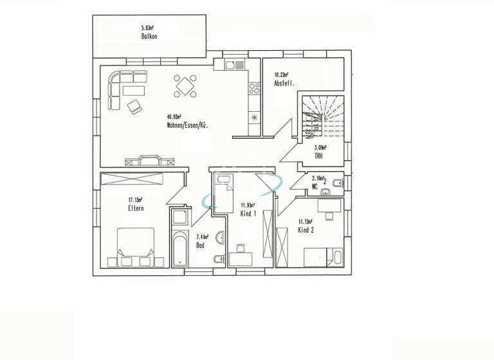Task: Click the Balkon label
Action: click(149, 37)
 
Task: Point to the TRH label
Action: click(318, 156)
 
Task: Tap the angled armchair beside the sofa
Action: click(135, 105)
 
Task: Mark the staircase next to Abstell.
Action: click(322, 116)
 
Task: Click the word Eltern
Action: click(135, 208)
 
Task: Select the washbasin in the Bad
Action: click(220, 238)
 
